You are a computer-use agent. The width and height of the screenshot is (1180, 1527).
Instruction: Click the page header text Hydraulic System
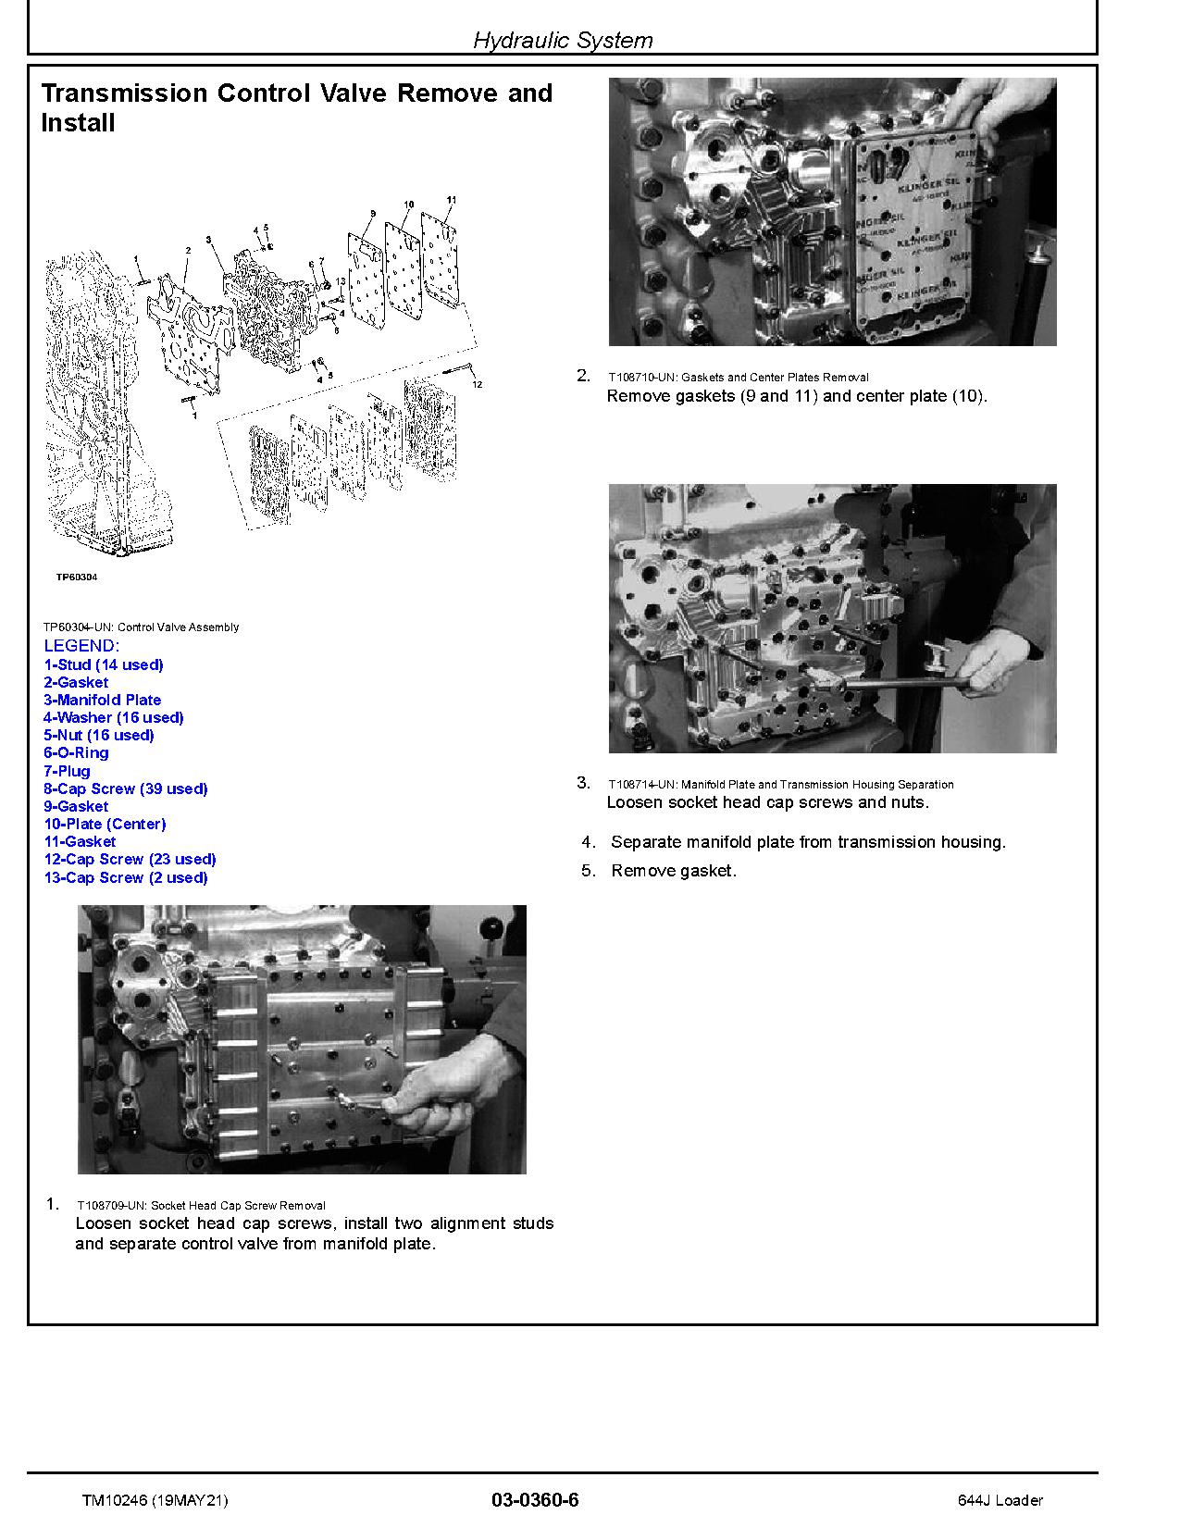coord(563,40)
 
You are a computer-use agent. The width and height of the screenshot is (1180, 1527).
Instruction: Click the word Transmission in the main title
coord(124,93)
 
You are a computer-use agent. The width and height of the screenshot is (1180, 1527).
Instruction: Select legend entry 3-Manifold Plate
coord(103,700)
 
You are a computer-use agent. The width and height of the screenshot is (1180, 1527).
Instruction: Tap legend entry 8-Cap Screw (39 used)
coord(126,788)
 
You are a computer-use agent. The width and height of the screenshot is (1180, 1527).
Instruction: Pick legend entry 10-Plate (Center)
coord(105,824)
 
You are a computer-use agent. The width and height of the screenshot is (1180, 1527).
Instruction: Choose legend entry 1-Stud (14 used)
coord(104,664)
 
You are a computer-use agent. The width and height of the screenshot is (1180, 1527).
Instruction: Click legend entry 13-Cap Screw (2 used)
coord(126,877)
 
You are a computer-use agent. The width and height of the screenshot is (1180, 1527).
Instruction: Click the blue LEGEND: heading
coord(81,645)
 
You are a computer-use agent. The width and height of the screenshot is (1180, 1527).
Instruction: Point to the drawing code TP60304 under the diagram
coord(76,577)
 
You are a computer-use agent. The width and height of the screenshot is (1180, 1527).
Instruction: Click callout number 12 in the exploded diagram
coord(477,383)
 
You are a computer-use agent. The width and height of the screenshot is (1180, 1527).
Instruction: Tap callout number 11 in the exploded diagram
coord(451,200)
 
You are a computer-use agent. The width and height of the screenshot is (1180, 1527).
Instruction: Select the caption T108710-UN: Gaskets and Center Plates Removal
coord(738,378)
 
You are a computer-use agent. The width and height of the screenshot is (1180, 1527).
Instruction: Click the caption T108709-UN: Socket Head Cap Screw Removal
coord(201,1205)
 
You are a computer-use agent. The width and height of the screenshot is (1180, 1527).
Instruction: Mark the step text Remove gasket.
coord(673,871)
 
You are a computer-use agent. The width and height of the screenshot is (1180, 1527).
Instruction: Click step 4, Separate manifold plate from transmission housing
coord(807,842)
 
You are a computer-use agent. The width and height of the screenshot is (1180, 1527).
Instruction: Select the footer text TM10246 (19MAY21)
coord(155,1500)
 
